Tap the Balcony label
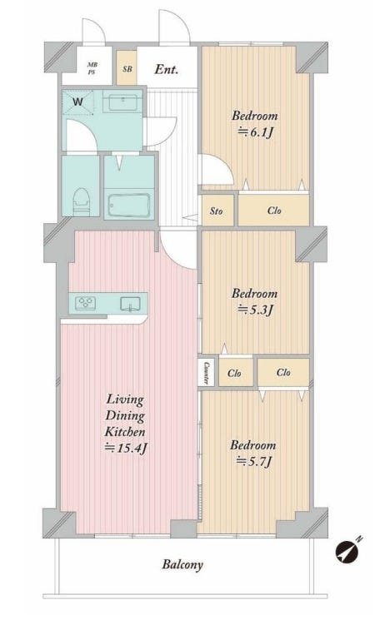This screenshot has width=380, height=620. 182,564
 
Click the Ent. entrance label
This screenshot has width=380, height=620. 167,70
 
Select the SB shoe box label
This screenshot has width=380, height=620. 127,69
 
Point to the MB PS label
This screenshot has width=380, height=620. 92,68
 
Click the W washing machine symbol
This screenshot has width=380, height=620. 78,102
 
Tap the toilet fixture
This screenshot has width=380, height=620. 82,201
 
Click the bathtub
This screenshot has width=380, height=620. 129,206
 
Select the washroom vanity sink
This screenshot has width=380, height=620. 122,102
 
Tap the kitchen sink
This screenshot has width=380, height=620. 130,304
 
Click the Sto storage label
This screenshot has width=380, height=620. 216,211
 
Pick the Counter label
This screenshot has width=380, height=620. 207,372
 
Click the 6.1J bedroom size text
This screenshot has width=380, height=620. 255,132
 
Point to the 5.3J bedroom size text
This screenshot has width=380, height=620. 255,310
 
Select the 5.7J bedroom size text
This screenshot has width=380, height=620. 254,461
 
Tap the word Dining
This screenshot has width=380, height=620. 125,416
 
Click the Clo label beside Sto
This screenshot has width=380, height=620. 274,211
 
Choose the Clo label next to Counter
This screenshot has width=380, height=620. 234,373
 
